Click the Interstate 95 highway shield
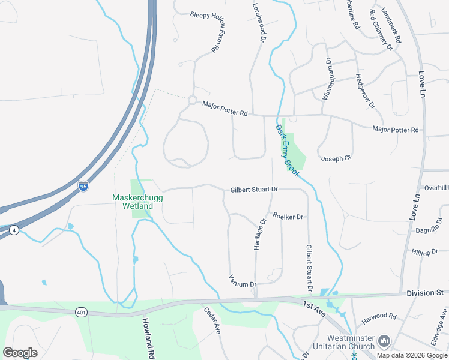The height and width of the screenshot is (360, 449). [x=83, y=186]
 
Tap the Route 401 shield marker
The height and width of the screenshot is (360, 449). [x=82, y=312]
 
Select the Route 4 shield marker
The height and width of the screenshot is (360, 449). [x=13, y=230]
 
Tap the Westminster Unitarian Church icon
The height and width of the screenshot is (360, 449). [x=384, y=341]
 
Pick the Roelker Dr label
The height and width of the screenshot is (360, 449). [x=288, y=216]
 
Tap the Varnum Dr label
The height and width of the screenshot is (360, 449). [x=243, y=281]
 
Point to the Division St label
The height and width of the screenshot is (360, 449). [x=424, y=293]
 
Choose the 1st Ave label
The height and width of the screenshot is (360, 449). [x=314, y=308]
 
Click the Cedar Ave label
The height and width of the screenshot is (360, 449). [x=212, y=321]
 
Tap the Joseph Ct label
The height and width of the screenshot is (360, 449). [x=336, y=158]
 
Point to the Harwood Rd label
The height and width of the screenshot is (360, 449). [x=384, y=316]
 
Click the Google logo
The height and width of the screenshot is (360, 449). [x=20, y=353]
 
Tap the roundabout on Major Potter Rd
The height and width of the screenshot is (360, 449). [x=193, y=100]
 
